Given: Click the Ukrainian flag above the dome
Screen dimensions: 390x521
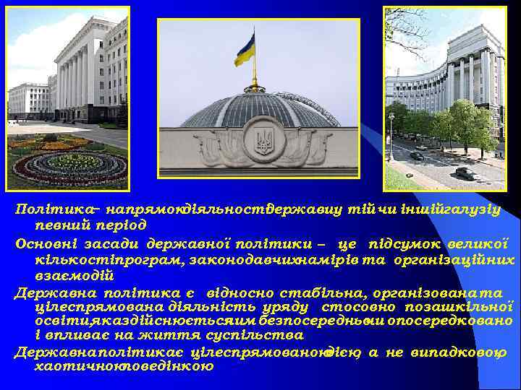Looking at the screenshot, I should pos(245,50).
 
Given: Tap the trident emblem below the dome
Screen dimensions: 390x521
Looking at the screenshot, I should pos(264,141).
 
